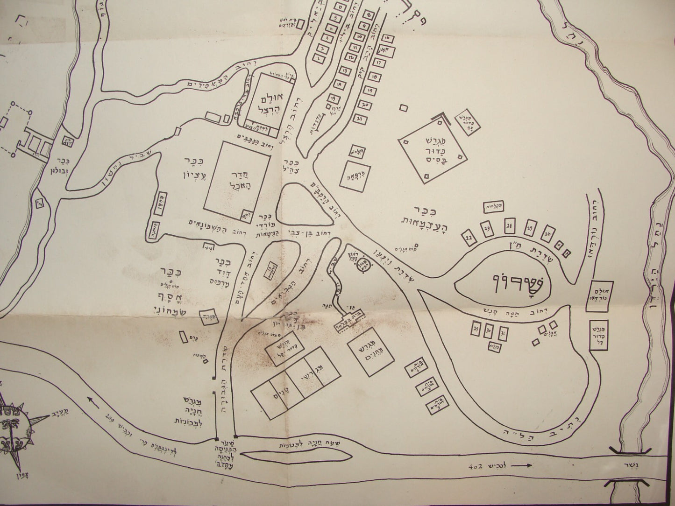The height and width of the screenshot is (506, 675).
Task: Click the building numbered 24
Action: pos(509,225)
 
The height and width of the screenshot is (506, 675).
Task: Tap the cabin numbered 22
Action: pos(469,238)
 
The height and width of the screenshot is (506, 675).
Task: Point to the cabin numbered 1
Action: pos(319,59)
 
